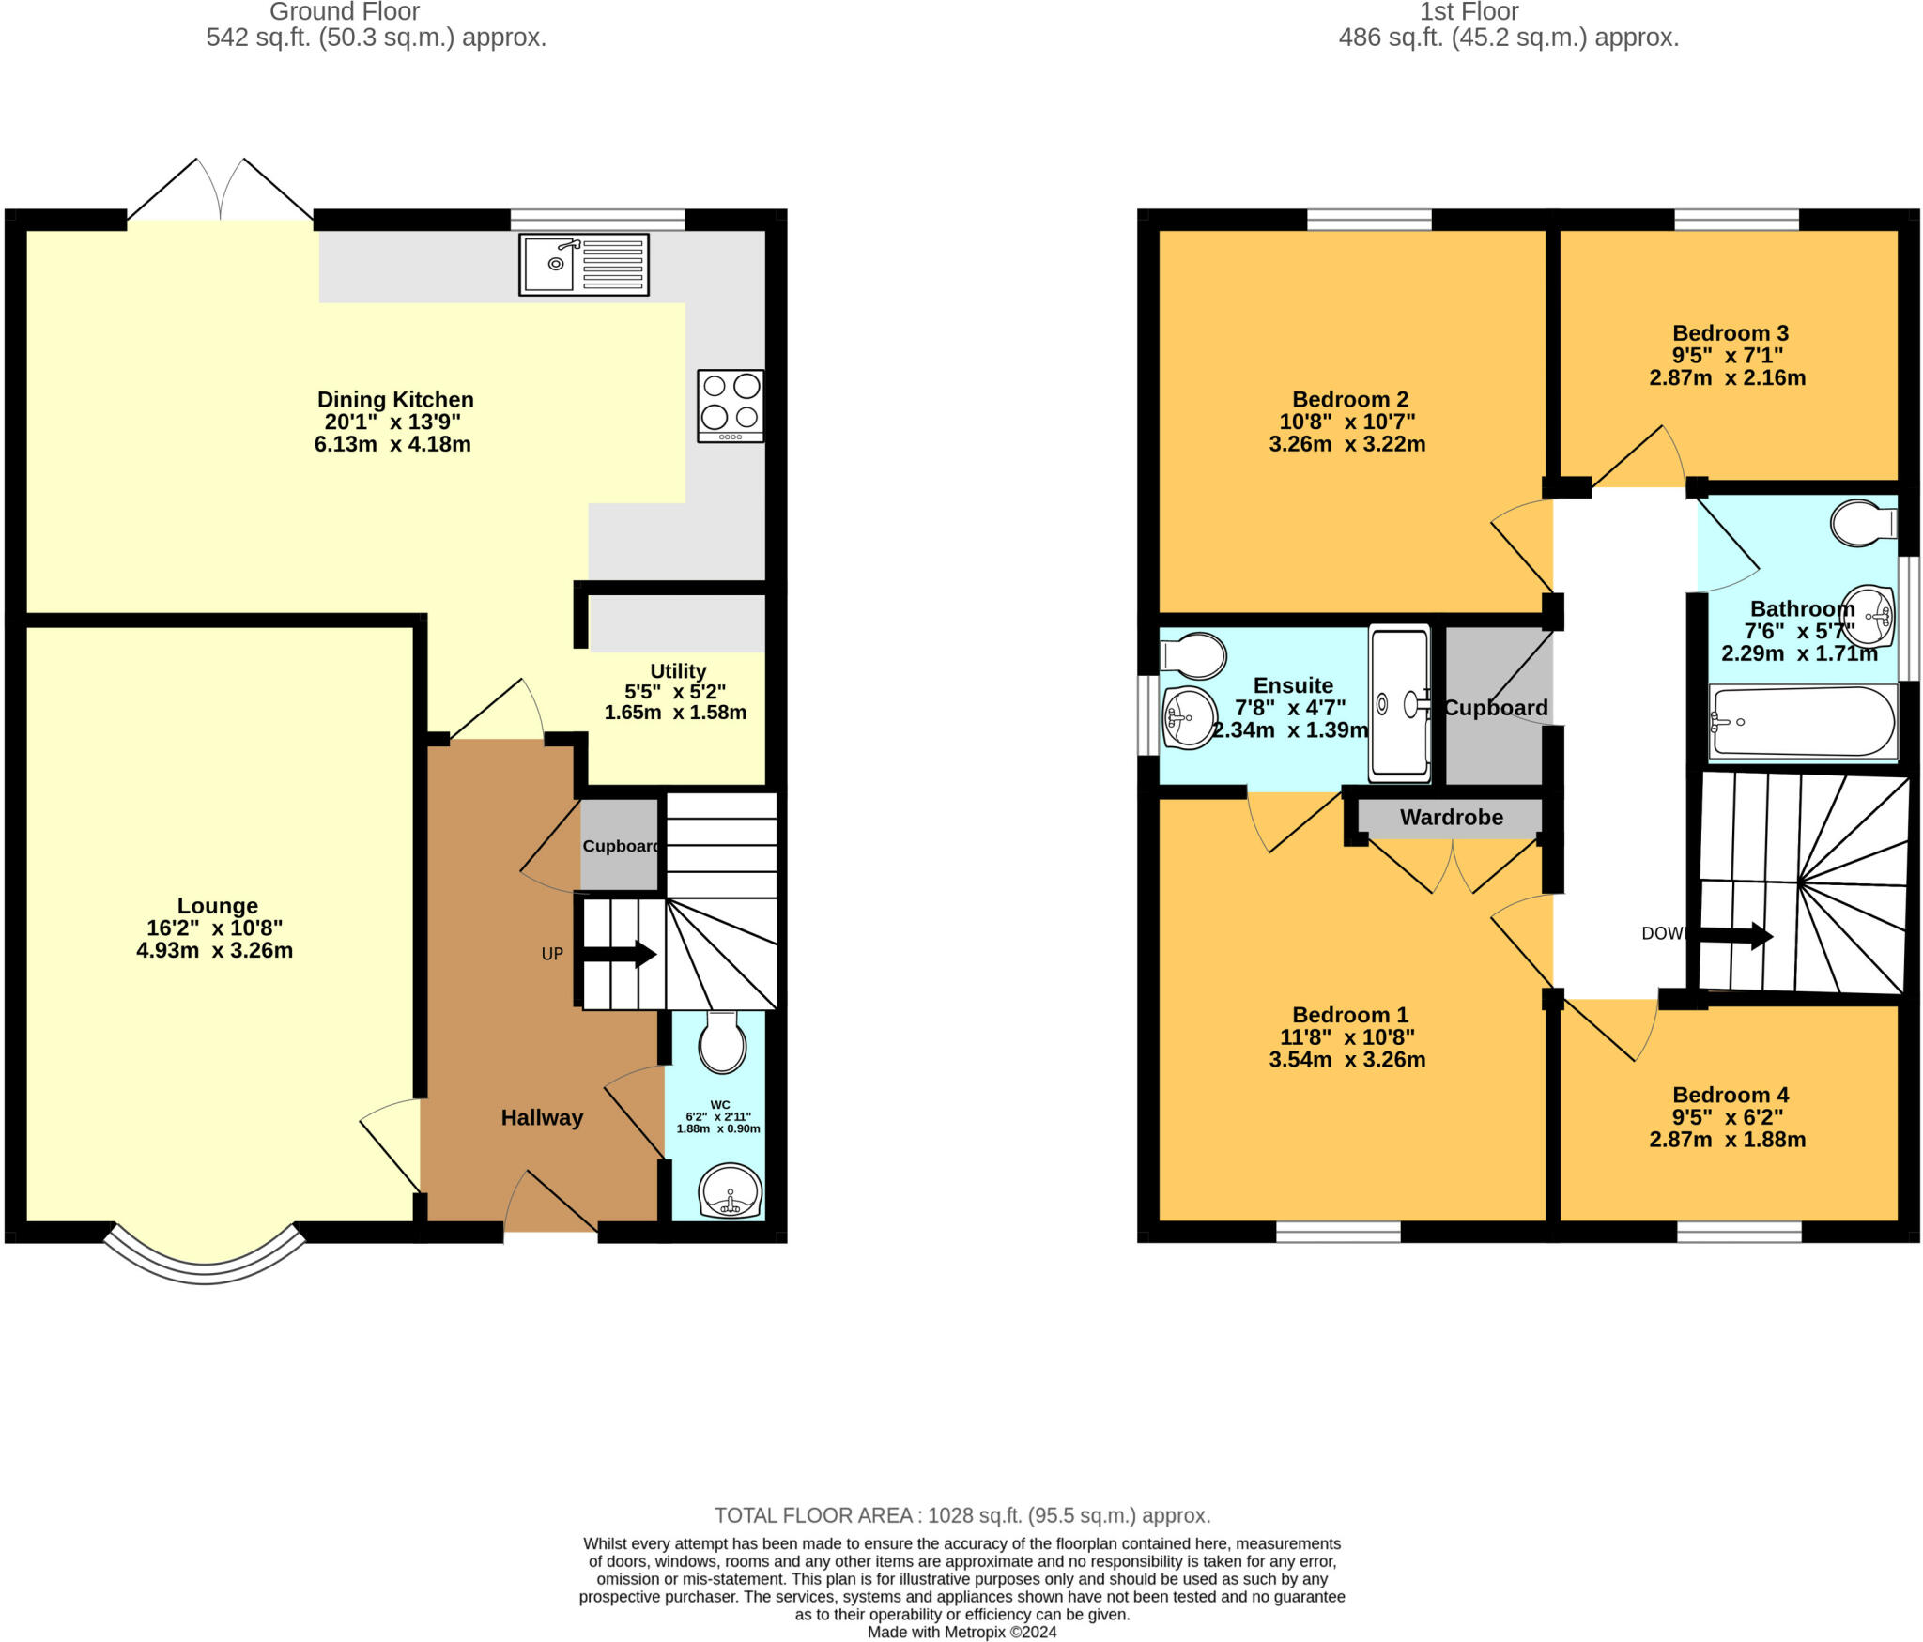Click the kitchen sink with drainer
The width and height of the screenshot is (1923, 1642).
[583, 265]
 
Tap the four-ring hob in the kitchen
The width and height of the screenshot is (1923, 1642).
[730, 406]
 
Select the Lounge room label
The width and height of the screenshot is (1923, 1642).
[217, 906]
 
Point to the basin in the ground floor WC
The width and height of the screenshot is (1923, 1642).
[730, 1192]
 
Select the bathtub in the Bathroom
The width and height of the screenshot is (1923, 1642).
[1802, 722]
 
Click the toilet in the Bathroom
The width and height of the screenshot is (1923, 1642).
[1862, 524]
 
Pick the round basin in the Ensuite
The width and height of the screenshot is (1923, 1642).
[1188, 718]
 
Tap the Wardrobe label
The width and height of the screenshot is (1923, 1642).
[1451, 818]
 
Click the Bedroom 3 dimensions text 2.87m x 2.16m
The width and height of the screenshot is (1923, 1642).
[1727, 377]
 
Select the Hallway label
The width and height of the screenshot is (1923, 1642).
[542, 1117]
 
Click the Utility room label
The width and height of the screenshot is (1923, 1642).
[677, 671]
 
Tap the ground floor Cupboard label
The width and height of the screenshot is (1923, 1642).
[621, 846]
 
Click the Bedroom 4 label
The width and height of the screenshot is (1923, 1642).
[1730, 1095]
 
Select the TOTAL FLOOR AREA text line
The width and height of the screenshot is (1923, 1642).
[961, 1515]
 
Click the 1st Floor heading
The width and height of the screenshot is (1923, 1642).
[1469, 12]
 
